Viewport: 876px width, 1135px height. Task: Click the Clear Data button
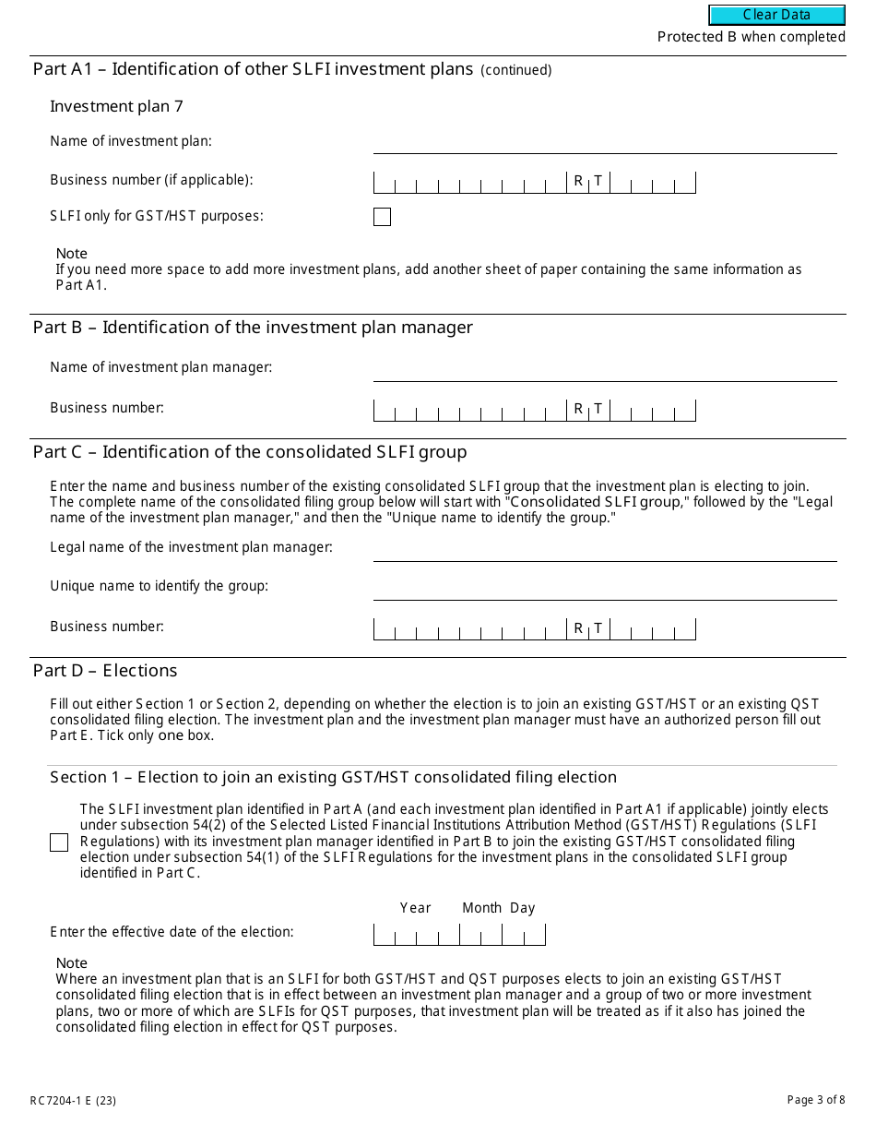click(x=776, y=15)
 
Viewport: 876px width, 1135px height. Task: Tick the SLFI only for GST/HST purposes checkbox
click(x=382, y=217)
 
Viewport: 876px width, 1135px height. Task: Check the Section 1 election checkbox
click(x=59, y=842)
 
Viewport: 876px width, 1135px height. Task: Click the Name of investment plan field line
click(x=604, y=143)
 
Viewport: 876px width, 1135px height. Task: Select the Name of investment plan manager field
click(x=604, y=370)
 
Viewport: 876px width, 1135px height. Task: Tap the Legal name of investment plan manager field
click(x=604, y=550)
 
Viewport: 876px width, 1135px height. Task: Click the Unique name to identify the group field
click(x=604, y=589)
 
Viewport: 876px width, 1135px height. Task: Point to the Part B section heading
click(x=253, y=328)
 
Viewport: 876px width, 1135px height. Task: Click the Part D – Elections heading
click(x=105, y=671)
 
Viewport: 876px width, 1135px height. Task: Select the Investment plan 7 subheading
click(x=116, y=106)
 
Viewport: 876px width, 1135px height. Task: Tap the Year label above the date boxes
click(x=415, y=908)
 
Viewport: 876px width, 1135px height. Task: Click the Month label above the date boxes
click(x=481, y=908)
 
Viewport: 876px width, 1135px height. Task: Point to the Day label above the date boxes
click(x=523, y=908)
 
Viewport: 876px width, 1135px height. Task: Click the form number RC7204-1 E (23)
click(x=73, y=1100)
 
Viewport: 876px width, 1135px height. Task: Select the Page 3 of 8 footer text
click(x=815, y=1100)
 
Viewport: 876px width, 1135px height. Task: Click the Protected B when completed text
click(x=751, y=37)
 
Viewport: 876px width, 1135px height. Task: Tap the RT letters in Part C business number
click(x=588, y=628)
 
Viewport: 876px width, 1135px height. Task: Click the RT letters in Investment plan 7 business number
click(x=588, y=181)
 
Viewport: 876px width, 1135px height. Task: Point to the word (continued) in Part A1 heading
click(x=516, y=70)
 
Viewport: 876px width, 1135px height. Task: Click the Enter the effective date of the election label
click(x=172, y=932)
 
